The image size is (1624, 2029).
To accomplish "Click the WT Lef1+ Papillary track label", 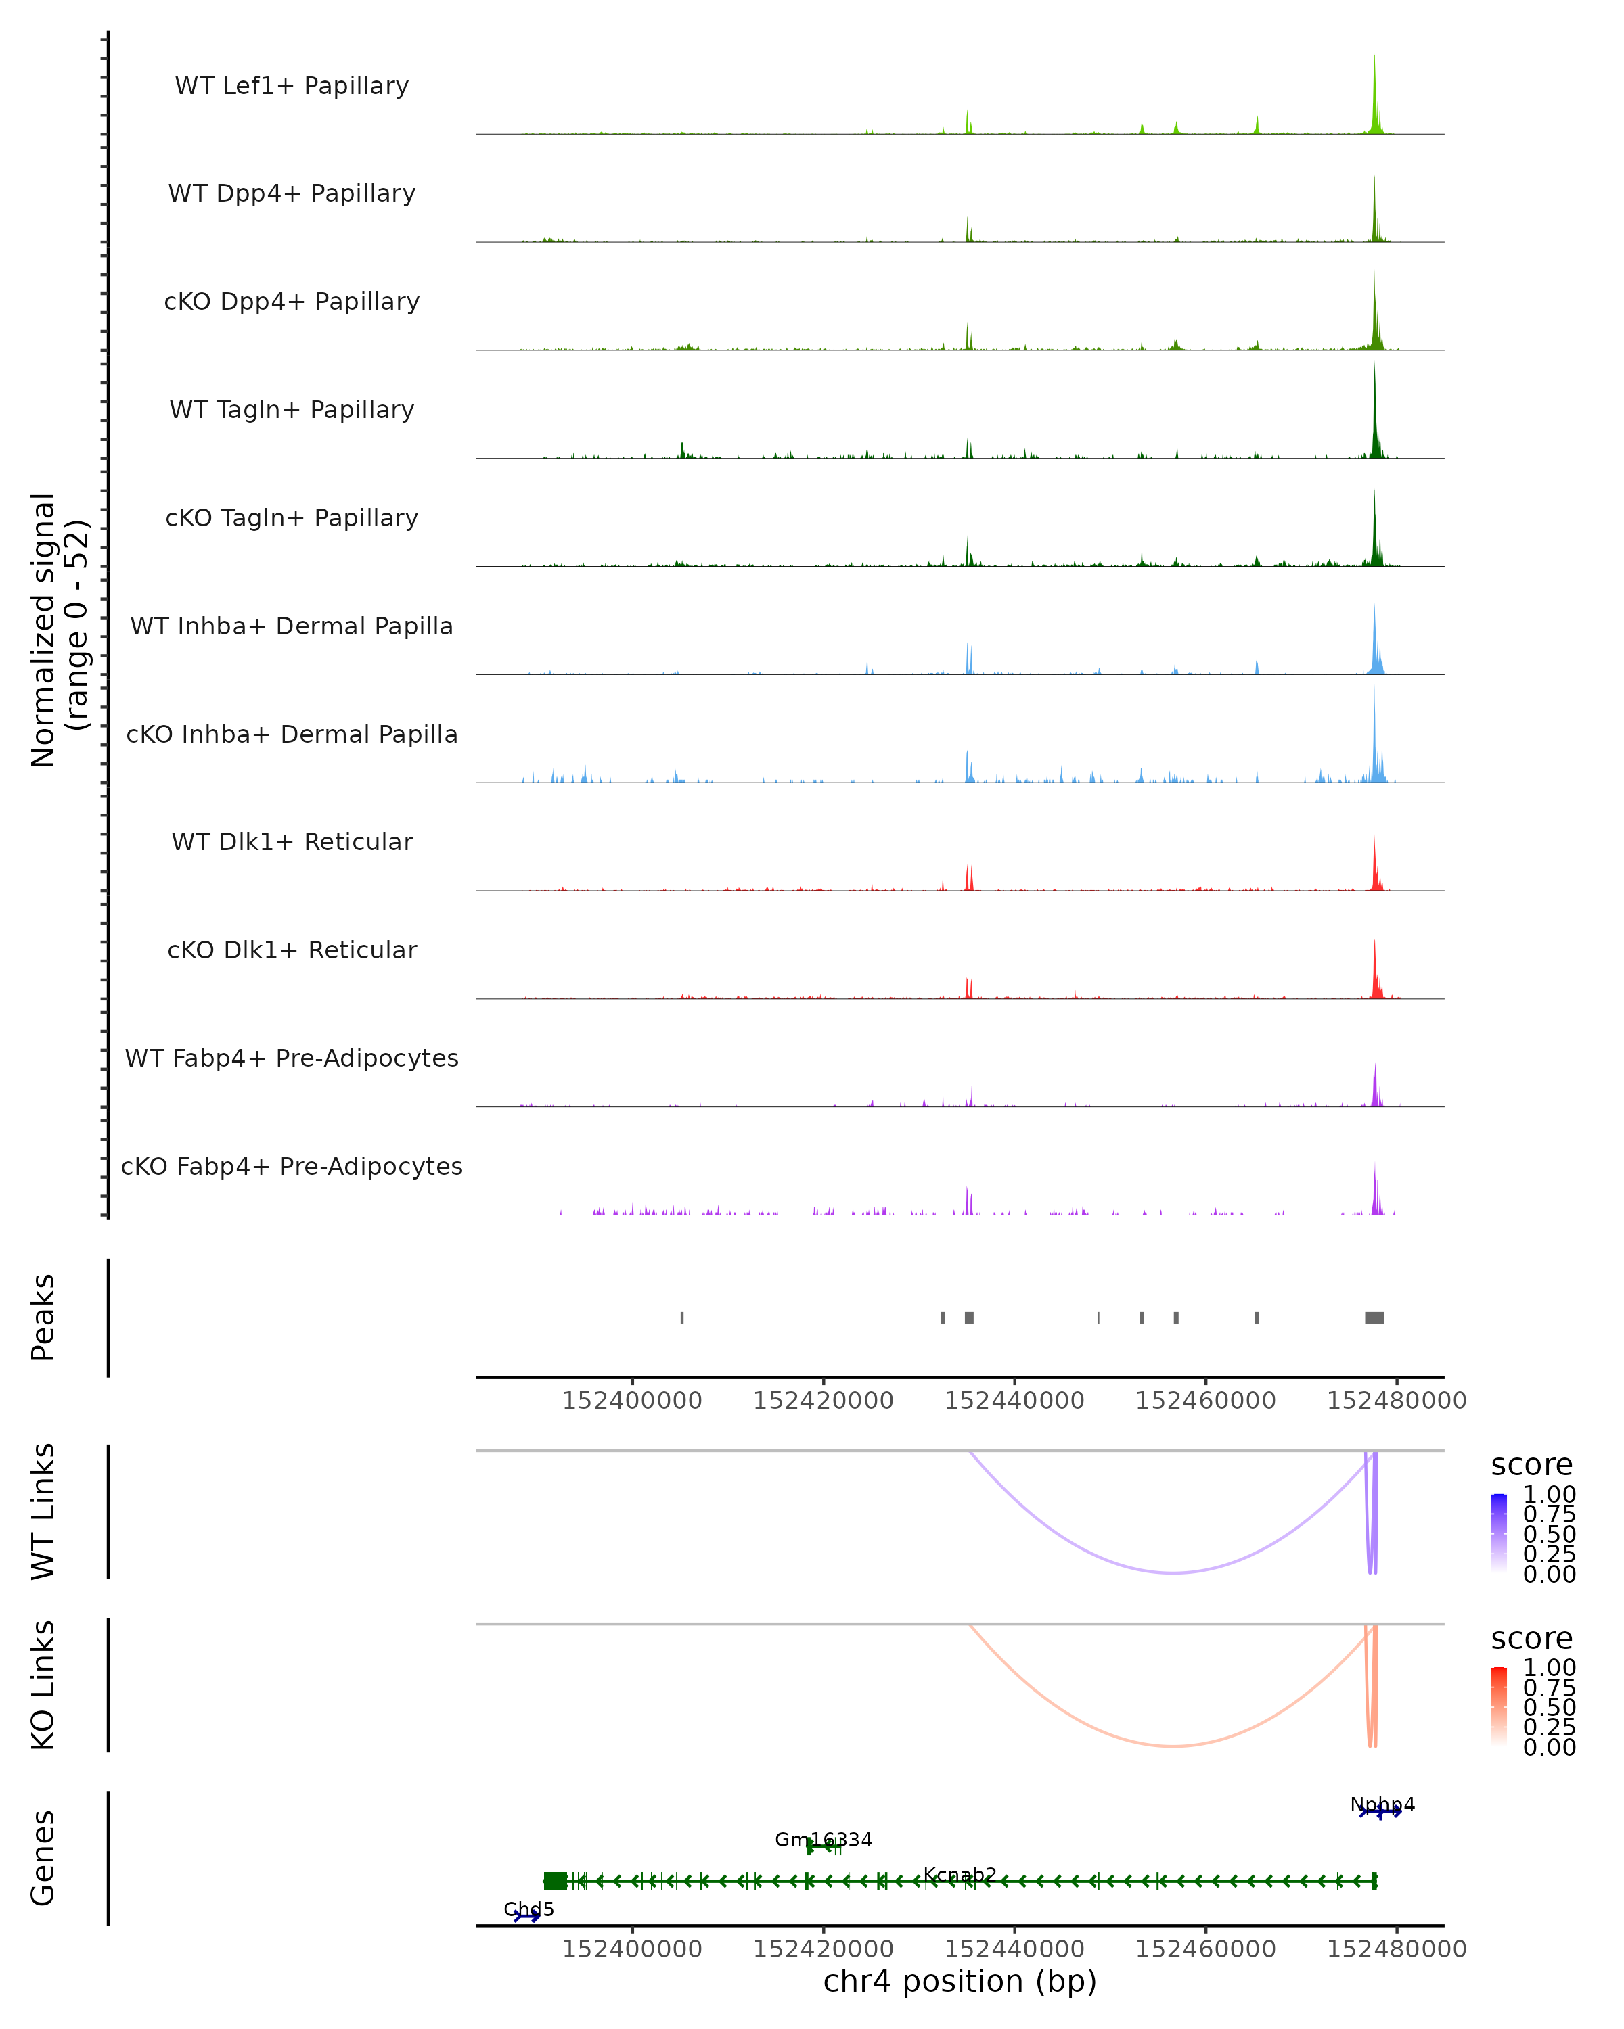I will [292, 86].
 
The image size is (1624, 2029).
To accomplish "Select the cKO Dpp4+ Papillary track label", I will [292, 302].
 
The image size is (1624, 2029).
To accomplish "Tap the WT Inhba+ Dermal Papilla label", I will [292, 627].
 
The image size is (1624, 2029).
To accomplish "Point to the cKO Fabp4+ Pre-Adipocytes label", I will [292, 1167].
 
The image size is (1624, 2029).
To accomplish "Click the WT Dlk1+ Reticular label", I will [292, 842].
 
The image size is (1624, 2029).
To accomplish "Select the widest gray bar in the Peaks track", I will [1374, 1317].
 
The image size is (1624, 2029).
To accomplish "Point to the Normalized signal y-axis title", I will [58, 630].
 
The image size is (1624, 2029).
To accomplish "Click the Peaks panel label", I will [43, 1317].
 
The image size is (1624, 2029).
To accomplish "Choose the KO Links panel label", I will [43, 1685].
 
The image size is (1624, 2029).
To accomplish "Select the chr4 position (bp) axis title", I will [960, 1982].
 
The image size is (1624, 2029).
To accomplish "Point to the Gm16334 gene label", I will [823, 1840].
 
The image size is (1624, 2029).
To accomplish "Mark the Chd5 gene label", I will [528, 1909].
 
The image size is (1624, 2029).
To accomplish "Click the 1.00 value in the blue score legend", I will [1549, 1495].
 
